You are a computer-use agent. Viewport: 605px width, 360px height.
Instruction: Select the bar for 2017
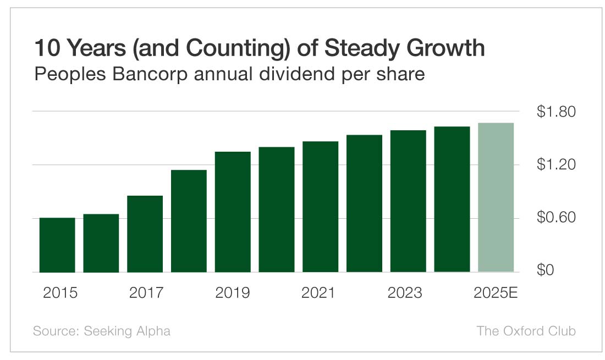[145, 234]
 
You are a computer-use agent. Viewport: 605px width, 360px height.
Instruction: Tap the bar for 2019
[233, 212]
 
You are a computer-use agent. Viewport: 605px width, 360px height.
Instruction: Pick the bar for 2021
[320, 207]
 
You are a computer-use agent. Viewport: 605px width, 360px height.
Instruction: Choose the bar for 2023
[408, 201]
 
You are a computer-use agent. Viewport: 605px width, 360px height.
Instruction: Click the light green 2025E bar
[496, 197]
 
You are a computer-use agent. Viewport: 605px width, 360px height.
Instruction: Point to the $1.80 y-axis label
[555, 112]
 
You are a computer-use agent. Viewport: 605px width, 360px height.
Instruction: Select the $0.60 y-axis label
[555, 218]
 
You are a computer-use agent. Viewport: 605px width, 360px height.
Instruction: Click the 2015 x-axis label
[60, 293]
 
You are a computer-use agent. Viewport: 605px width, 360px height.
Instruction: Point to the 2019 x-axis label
[232, 293]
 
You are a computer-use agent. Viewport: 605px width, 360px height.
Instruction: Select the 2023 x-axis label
[405, 293]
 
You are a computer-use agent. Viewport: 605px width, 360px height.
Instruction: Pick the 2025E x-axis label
[496, 293]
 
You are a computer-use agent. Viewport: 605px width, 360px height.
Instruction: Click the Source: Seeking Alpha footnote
[102, 331]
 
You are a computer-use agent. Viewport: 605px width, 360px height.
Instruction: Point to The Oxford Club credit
[526, 331]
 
